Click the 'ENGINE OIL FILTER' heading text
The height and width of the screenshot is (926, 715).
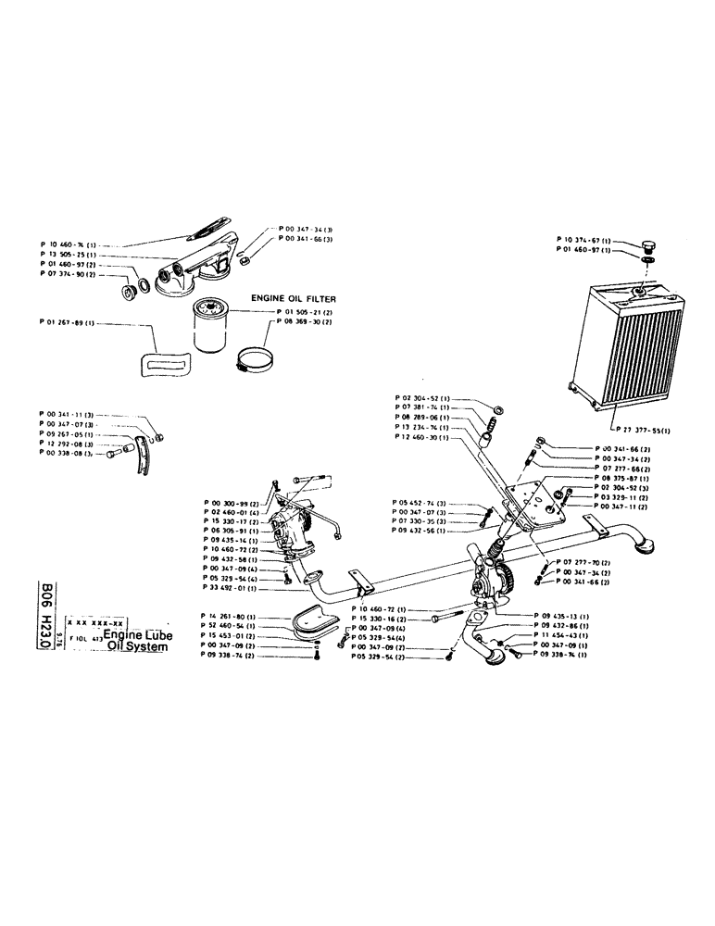(x=293, y=299)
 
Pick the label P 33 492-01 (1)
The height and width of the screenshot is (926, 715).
(x=228, y=588)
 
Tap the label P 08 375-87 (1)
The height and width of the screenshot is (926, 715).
(x=619, y=478)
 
